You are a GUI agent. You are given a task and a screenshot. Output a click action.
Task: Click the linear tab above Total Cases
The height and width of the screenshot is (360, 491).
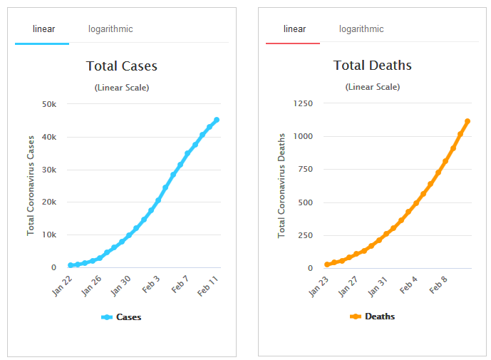click(x=43, y=29)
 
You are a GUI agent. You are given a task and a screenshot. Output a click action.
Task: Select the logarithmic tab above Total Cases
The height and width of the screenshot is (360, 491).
click(x=110, y=29)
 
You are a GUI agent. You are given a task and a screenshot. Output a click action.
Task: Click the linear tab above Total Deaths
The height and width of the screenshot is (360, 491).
click(x=294, y=29)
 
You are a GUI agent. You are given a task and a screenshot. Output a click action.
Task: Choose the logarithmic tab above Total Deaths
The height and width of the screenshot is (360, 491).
click(x=361, y=29)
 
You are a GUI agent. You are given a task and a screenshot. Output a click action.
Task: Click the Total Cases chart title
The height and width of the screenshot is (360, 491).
click(x=122, y=66)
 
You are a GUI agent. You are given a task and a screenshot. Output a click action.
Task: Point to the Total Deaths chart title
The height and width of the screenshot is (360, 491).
click(x=372, y=66)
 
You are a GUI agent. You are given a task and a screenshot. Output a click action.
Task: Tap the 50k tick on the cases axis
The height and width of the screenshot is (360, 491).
click(x=49, y=104)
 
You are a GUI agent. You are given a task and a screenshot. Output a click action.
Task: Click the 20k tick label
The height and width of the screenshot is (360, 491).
click(x=49, y=202)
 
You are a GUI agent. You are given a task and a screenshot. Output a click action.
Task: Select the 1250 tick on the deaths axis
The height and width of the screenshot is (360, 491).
click(x=303, y=103)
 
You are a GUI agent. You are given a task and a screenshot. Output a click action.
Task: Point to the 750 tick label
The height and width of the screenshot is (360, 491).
click(x=305, y=170)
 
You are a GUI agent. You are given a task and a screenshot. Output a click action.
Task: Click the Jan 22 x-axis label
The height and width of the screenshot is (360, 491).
click(x=63, y=285)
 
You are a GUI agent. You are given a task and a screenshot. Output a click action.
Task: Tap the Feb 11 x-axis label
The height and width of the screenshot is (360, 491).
click(x=208, y=285)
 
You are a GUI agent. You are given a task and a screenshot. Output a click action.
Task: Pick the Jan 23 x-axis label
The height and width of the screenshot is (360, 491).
click(x=319, y=285)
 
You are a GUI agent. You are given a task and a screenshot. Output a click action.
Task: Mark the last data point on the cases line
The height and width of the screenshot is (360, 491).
click(x=217, y=120)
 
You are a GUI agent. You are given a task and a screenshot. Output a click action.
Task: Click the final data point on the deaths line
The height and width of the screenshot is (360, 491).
click(x=467, y=121)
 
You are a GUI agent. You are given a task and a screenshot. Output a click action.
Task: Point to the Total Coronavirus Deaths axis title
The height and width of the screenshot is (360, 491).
click(x=281, y=185)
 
